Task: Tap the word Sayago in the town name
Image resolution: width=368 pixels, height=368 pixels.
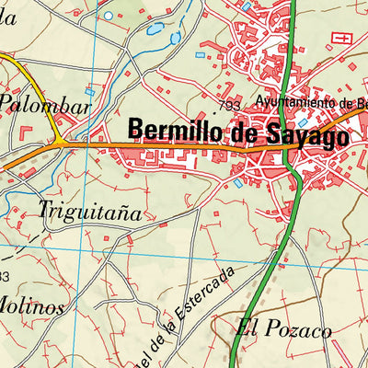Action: coord(305,137)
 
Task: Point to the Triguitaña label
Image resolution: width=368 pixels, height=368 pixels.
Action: coord(90,211)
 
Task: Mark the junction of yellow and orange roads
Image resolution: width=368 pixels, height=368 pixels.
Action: coord(59,144)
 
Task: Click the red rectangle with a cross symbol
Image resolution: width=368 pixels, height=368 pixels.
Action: coord(341,38)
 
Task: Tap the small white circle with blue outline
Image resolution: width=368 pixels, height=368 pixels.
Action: coord(109,16)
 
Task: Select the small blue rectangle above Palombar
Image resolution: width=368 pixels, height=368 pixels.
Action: coord(89,92)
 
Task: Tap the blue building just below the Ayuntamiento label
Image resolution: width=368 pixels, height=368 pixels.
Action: coord(304,121)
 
